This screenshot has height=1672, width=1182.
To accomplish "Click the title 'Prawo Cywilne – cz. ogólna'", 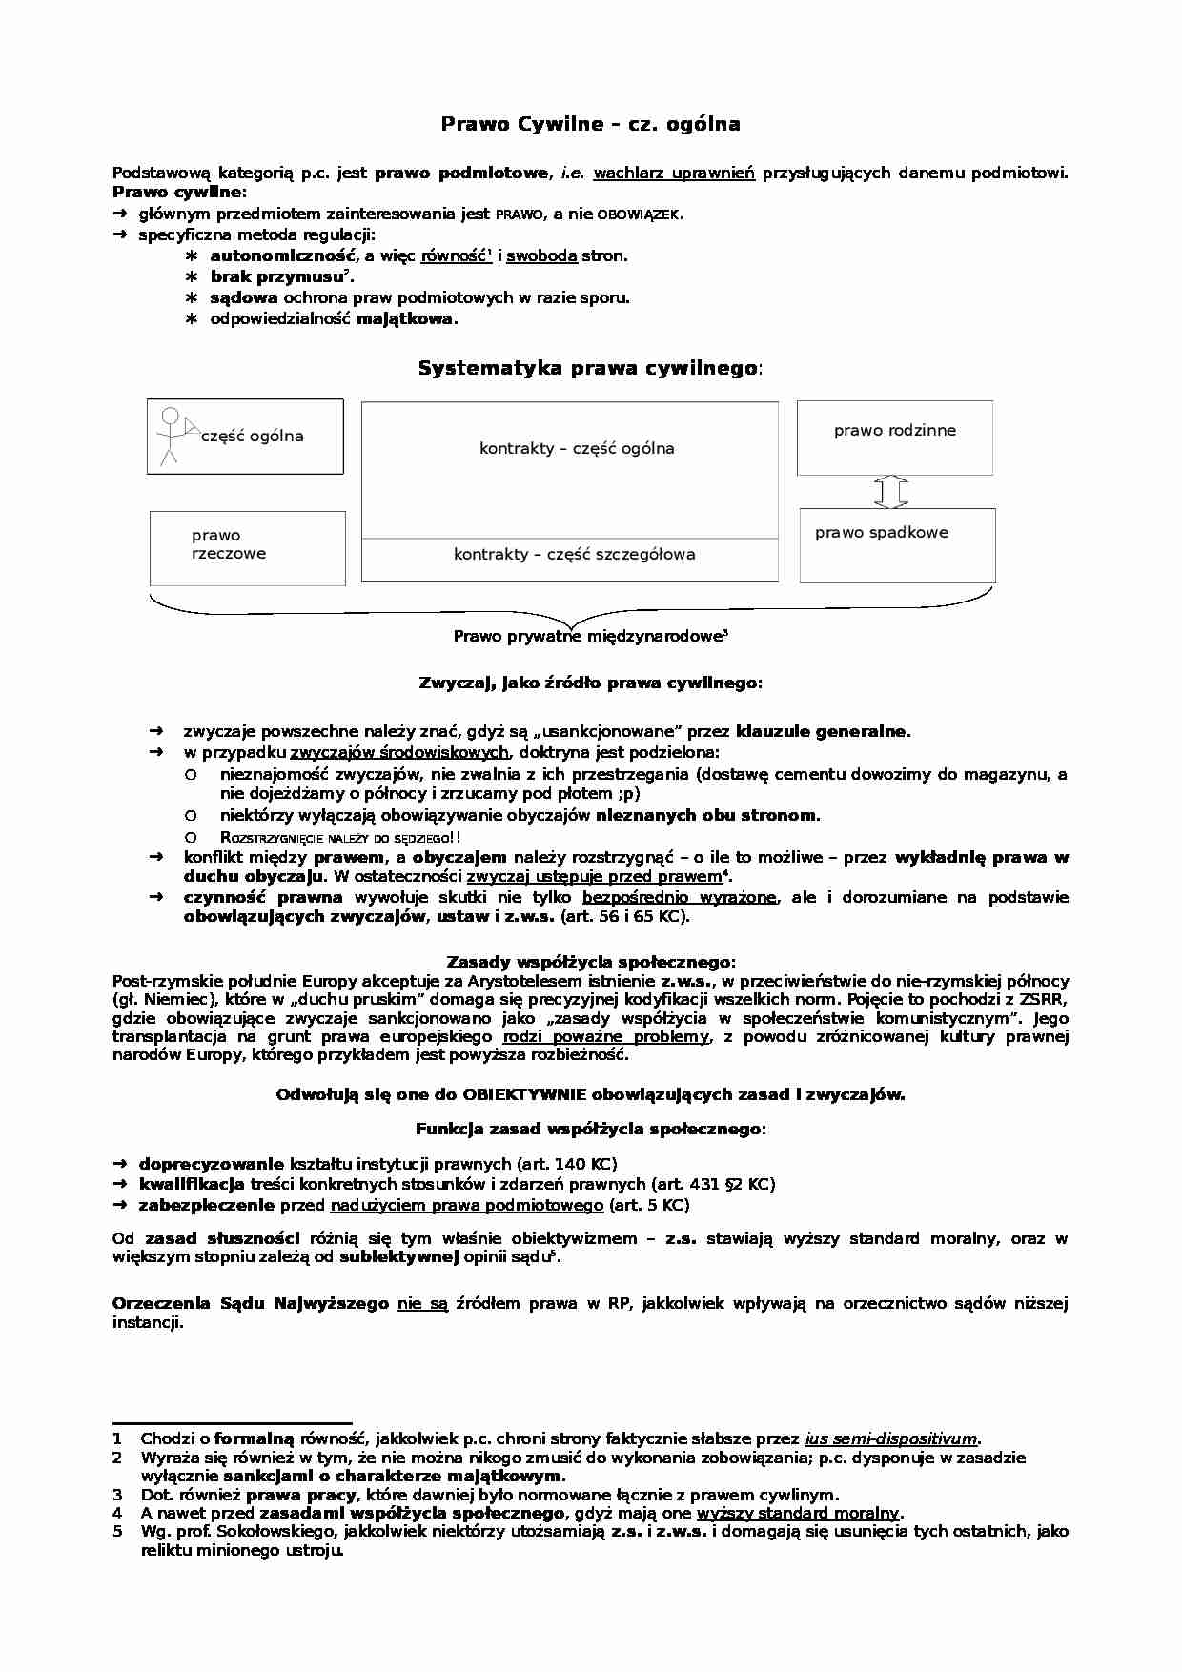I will (590, 124).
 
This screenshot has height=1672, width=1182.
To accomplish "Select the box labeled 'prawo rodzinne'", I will (894, 438).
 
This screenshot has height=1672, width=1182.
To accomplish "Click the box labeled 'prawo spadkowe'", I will (897, 545).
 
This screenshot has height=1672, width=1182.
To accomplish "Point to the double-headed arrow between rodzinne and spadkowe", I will (891, 492).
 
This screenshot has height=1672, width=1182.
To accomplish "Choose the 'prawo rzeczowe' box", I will (247, 547).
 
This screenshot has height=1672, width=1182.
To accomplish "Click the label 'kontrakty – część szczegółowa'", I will (574, 555).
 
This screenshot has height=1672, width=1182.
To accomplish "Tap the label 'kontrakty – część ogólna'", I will (577, 448).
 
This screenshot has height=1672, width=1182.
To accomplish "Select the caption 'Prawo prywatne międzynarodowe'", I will (589, 636).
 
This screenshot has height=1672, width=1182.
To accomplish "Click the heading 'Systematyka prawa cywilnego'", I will (588, 369).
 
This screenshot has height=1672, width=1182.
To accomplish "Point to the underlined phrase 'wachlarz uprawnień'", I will (674, 173).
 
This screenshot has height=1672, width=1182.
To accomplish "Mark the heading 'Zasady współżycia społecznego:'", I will (590, 963).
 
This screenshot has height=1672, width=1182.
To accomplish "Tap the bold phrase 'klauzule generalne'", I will (822, 732).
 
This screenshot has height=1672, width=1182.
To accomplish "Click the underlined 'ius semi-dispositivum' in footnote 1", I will (891, 1439).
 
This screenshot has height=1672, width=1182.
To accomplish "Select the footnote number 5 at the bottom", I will (117, 1531).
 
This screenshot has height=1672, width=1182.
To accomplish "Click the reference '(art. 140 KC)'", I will (566, 1164).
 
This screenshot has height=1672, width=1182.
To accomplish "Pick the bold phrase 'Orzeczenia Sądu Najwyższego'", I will (250, 1303).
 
